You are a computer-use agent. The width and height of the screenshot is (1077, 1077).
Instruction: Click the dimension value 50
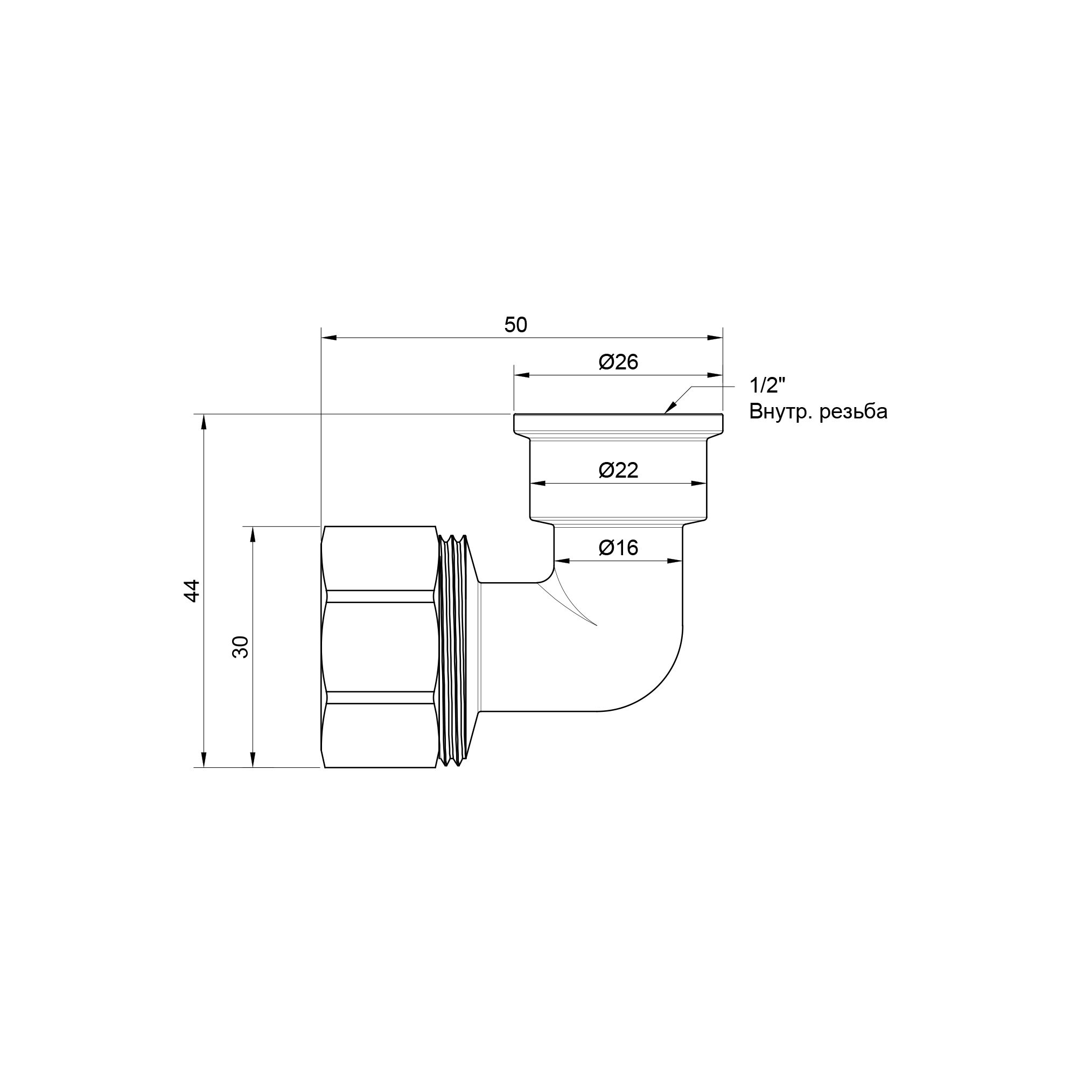coord(515,325)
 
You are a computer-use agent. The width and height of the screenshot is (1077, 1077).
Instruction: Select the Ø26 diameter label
coord(618,362)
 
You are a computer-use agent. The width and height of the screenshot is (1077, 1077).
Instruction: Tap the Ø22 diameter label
coord(618,470)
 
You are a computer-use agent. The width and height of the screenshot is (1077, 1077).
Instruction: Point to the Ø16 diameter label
coord(618,548)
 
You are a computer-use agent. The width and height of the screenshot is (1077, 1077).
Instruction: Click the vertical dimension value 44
coord(192,591)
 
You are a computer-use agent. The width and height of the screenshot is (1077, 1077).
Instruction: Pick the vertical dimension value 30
coord(240,647)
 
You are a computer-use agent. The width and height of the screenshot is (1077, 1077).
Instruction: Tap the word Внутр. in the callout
coord(779,412)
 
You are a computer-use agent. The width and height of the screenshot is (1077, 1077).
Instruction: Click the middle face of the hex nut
coord(379,647)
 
